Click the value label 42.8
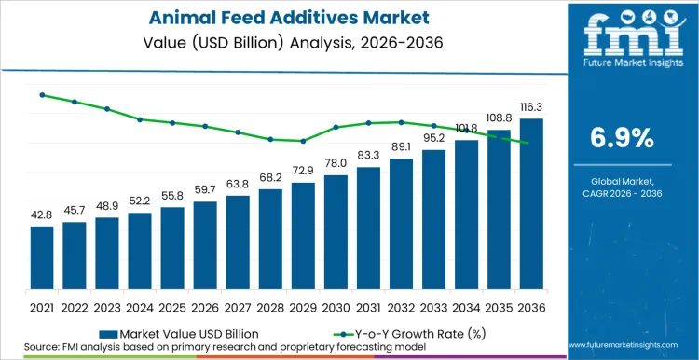[42, 215]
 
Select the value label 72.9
[303, 172]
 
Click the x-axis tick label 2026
[205, 307]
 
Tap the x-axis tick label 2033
[433, 307]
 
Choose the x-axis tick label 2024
[140, 307]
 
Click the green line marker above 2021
[42, 94]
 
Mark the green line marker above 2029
[303, 141]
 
